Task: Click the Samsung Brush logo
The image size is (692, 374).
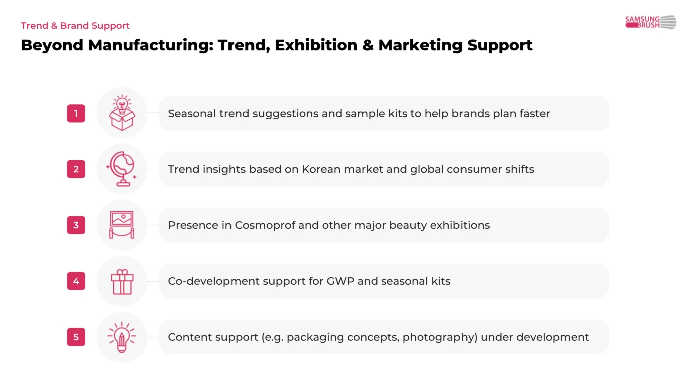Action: pyautogui.click(x=650, y=22)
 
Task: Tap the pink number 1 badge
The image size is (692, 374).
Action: pyautogui.click(x=76, y=113)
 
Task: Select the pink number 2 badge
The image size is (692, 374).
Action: pyautogui.click(x=76, y=169)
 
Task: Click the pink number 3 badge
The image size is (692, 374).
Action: pyautogui.click(x=76, y=225)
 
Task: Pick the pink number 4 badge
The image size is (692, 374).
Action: pyautogui.click(x=76, y=281)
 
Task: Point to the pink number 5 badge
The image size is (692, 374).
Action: pyautogui.click(x=76, y=337)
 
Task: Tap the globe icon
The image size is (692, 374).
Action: pyautogui.click(x=121, y=169)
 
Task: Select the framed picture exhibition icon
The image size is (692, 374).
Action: pyautogui.click(x=122, y=224)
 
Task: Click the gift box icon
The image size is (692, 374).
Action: pyautogui.click(x=122, y=281)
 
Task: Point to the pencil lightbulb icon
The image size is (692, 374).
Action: pyautogui.click(x=122, y=337)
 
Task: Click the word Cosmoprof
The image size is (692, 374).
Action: pyautogui.click(x=265, y=225)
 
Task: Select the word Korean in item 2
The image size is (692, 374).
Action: pyautogui.click(x=321, y=169)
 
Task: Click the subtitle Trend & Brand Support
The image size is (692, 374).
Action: pyautogui.click(x=75, y=26)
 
